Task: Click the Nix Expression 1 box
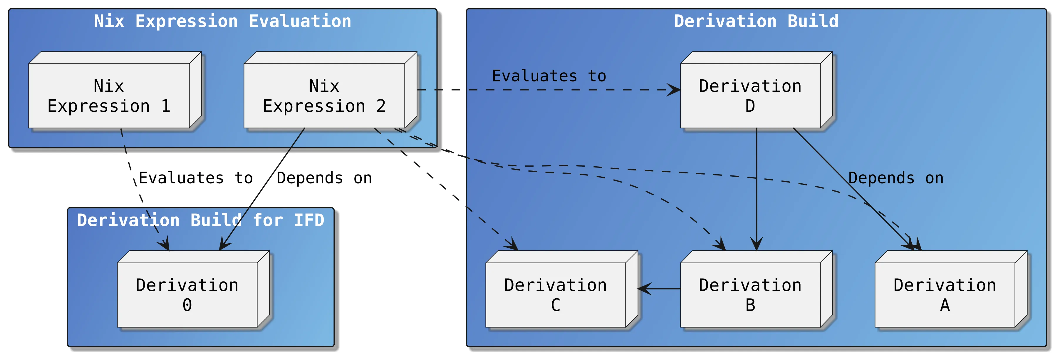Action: pyautogui.click(x=109, y=96)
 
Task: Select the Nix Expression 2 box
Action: pyautogui.click(x=324, y=96)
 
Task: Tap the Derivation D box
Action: pyautogui.click(x=750, y=96)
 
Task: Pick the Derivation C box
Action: pyautogui.click(x=556, y=294)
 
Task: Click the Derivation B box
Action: pyautogui.click(x=750, y=294)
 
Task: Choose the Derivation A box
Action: pyautogui.click(x=945, y=294)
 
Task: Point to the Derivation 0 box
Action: pyautogui.click(x=187, y=294)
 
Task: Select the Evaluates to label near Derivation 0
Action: pyautogui.click(x=195, y=178)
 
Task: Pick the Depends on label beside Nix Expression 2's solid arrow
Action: pyautogui.click(x=324, y=178)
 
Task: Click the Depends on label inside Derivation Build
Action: pyautogui.click(x=896, y=178)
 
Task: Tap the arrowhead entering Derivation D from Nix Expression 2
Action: pyautogui.click(x=674, y=90)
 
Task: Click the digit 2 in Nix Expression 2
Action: pyautogui.click(x=381, y=106)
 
